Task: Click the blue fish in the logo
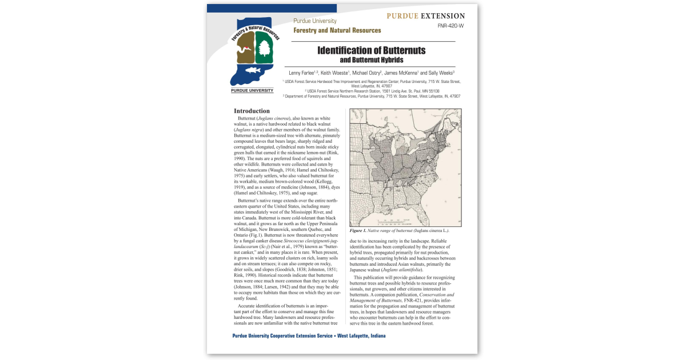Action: [x=252, y=71]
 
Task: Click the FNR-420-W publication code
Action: [x=450, y=26]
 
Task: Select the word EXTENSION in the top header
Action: [x=442, y=16]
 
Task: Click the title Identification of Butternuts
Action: [x=372, y=50]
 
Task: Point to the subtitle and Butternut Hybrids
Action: [x=372, y=60]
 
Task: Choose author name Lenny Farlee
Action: [x=302, y=73]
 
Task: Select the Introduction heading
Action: [x=252, y=111]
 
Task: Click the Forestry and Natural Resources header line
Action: [x=337, y=30]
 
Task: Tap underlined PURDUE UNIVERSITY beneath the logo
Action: [x=252, y=90]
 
